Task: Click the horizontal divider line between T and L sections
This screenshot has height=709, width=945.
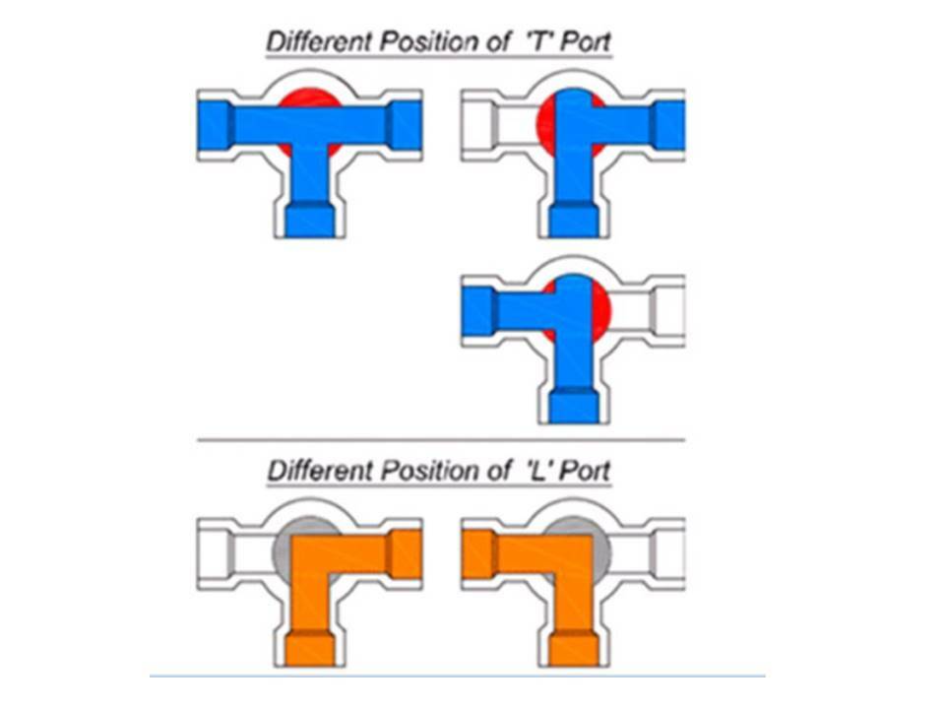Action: (441, 440)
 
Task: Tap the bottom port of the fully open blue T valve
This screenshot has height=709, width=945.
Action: (310, 220)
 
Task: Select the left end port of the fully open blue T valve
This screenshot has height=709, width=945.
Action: (216, 125)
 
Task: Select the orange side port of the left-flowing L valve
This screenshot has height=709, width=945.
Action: (478, 553)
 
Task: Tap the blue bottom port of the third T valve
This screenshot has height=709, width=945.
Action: (574, 405)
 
